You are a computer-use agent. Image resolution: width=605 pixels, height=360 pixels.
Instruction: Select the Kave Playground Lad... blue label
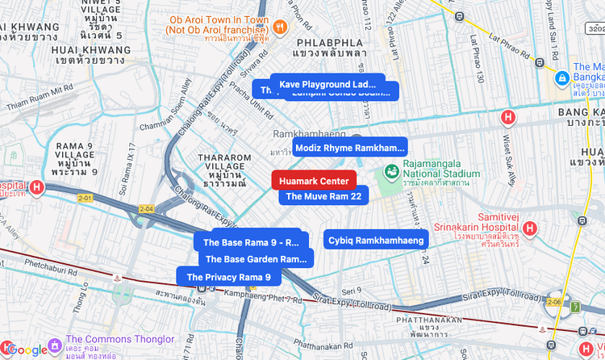[x=328, y=84]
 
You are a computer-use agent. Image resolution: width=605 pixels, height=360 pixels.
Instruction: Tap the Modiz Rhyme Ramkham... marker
[x=349, y=148]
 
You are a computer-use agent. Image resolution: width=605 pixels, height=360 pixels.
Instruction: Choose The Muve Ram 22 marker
[x=323, y=196]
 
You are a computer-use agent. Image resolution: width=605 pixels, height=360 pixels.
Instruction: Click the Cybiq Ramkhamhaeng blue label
[x=376, y=240]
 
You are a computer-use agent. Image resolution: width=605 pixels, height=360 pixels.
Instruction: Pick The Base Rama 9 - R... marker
[x=251, y=242]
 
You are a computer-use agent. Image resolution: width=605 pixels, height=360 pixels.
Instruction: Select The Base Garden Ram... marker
[x=256, y=259]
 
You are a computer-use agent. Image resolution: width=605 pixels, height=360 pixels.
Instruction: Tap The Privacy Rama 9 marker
[x=228, y=277]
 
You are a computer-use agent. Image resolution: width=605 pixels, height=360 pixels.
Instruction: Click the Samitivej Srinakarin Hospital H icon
[x=529, y=228]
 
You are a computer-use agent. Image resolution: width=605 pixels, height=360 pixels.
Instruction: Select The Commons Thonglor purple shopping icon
[x=54, y=345]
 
